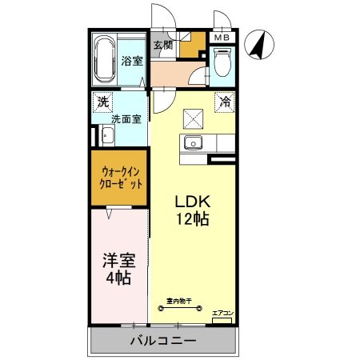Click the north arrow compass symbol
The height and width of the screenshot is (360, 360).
coord(258,44)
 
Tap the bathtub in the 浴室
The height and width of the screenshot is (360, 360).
coord(104,60)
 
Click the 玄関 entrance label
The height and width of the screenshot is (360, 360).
coord(162,45)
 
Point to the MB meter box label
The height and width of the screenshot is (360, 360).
coord(222,37)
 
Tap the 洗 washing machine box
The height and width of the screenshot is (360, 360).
coord(102,102)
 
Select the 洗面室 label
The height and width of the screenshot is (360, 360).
coord(126,120)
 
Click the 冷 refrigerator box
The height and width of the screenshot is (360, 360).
coord(225,102)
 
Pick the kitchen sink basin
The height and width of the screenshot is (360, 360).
coord(193,144)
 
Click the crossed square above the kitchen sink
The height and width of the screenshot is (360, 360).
coord(193,118)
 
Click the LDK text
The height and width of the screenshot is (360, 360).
coord(192,201)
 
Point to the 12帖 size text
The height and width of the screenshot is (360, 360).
coord(192,218)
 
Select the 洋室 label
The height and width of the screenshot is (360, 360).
coord(118,261)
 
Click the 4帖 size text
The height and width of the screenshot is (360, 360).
coord(118,279)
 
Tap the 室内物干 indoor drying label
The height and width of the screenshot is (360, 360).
coord(178,302)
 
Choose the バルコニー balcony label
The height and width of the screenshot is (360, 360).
coord(163,341)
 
